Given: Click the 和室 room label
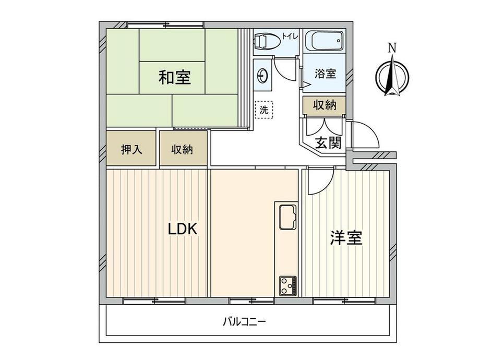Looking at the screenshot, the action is (174, 78).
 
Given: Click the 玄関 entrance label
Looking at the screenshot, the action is (328, 142).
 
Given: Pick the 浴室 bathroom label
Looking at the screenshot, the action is (325, 75).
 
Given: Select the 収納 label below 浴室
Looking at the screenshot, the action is (325, 105).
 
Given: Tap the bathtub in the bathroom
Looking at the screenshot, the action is (325, 41).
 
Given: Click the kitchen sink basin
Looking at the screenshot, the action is (287, 216).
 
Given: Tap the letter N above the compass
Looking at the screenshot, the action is (392, 49).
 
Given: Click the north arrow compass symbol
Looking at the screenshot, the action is (392, 77).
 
